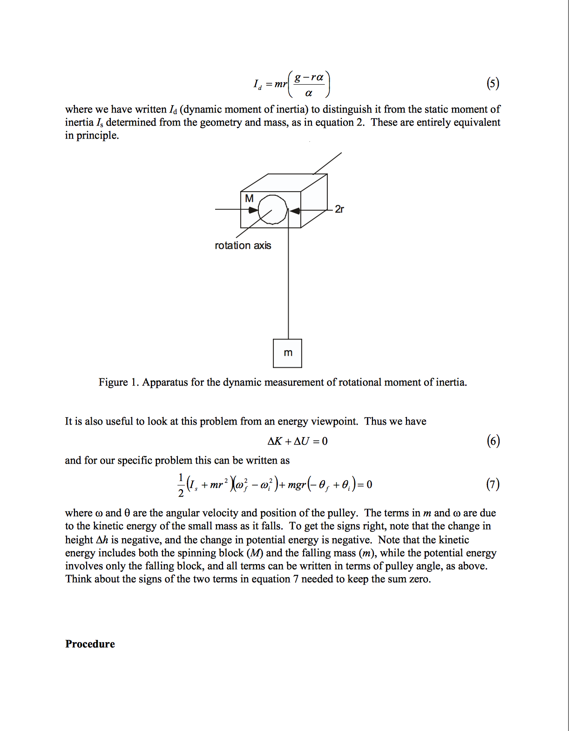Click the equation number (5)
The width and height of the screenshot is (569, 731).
coord(493,84)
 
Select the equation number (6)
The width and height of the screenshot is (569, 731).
coord(493,441)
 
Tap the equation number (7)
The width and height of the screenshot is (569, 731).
coord(493,485)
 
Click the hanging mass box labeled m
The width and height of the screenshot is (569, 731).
coord(288,353)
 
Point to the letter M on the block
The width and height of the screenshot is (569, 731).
coord(249,199)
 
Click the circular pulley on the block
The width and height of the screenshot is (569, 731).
coord(273,210)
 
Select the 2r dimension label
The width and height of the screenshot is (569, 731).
coord(339,209)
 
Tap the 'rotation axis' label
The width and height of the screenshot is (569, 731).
coord(243,246)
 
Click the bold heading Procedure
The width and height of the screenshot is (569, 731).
coord(90,644)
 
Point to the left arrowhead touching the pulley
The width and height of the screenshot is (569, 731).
coord(253,210)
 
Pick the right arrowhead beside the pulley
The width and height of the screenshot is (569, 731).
coord(294,211)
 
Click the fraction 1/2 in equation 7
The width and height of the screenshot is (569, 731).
coord(181,485)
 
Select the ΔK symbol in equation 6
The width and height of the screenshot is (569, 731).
coord(275,441)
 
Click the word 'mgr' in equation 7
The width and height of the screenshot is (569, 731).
coord(297,485)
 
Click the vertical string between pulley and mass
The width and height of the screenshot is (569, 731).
coord(288,288)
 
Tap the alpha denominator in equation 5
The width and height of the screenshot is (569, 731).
coord(309,93)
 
